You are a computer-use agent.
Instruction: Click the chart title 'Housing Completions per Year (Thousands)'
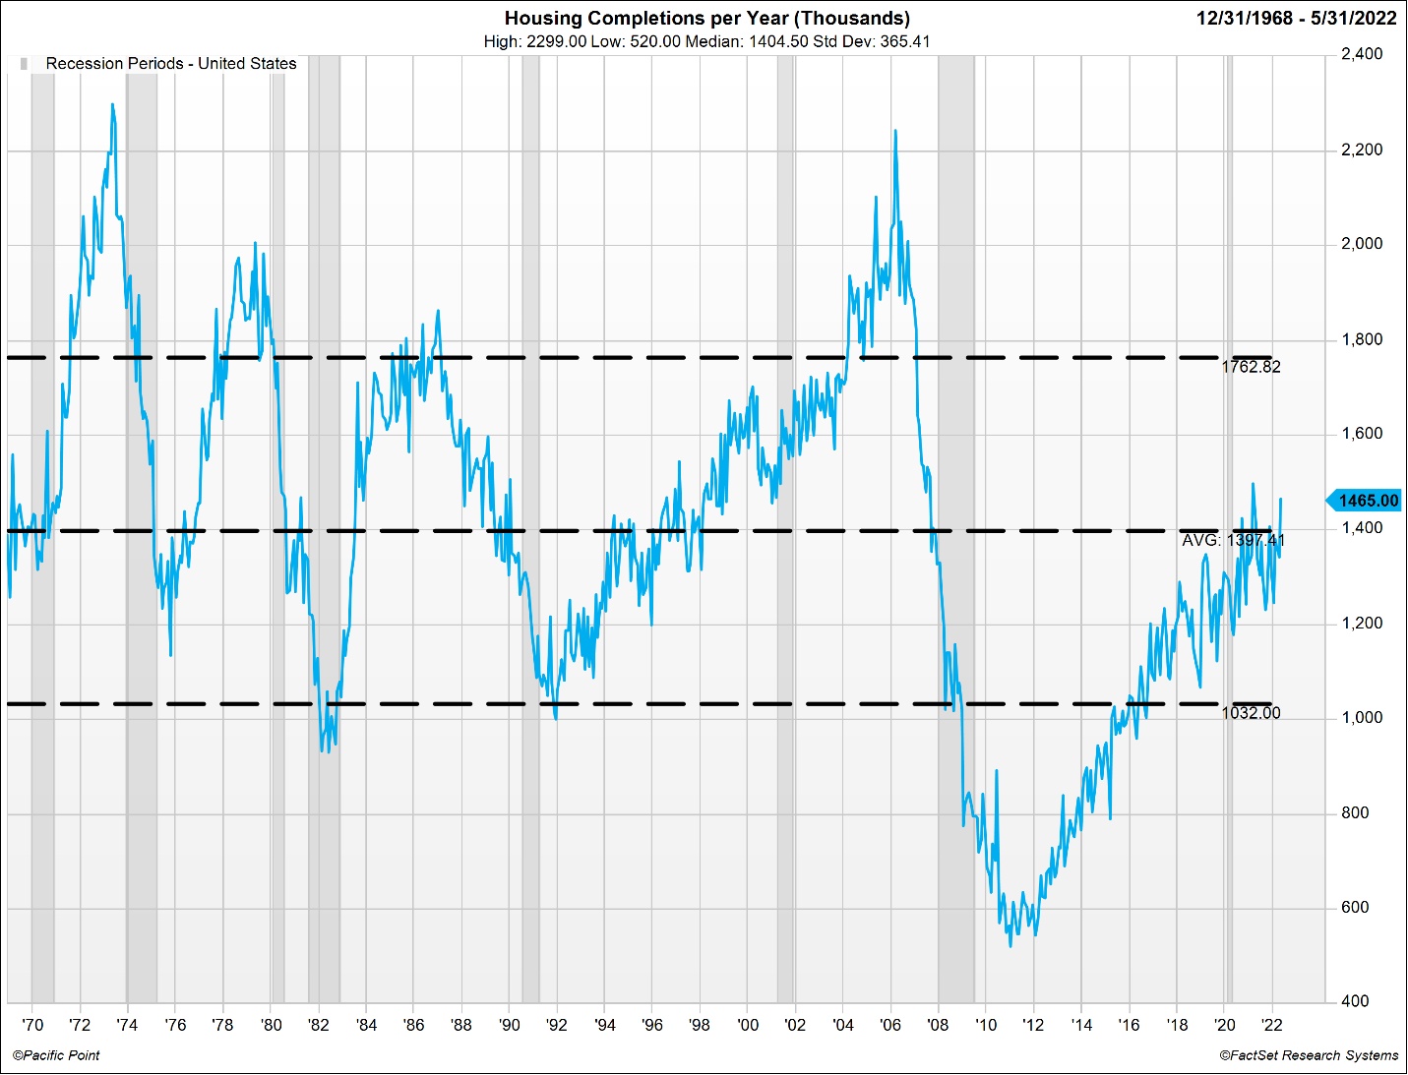point(706,18)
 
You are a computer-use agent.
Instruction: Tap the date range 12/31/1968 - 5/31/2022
point(1296,18)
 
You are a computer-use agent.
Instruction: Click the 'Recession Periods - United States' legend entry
point(170,63)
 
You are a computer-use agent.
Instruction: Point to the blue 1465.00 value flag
point(1366,501)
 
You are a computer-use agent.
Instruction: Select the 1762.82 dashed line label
point(1251,367)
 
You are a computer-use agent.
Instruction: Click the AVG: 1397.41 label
point(1233,540)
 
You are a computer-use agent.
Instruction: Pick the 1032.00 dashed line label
point(1251,713)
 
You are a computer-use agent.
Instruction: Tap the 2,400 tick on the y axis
point(1361,54)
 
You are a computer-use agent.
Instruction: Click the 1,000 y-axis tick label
point(1361,718)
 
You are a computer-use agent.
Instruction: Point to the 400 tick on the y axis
point(1355,1001)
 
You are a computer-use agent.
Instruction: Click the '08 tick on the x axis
point(938,1025)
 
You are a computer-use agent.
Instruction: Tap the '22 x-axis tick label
point(1272,1025)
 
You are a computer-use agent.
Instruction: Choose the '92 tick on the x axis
point(557,1025)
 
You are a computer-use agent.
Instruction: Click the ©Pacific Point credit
point(56,1055)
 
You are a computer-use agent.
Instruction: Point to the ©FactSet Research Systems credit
point(1309,1055)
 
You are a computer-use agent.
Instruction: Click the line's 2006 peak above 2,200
point(895,131)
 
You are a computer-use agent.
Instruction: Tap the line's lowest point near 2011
point(1010,945)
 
